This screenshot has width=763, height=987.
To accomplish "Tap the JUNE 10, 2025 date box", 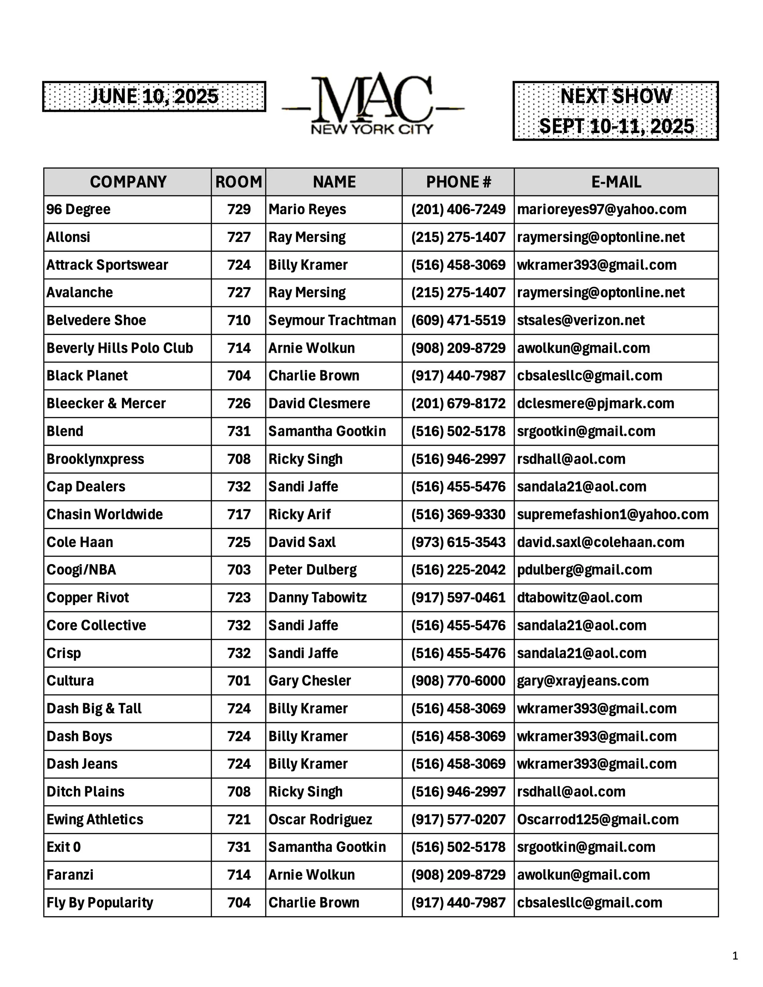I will tap(154, 96).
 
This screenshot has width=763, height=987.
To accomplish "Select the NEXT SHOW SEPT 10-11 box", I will tap(616, 111).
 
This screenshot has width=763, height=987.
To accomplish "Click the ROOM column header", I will tap(238, 182).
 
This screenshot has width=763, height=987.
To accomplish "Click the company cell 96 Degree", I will tap(79, 209).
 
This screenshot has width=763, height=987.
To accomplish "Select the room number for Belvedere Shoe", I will tap(239, 320).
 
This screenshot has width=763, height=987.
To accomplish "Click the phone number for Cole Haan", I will tap(458, 542).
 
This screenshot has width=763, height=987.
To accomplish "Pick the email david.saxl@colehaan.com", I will tap(600, 542).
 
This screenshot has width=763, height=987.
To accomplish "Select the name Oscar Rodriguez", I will tap(320, 819).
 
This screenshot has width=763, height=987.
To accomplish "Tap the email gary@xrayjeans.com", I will tap(583, 681).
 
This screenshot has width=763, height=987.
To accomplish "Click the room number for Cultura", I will tap(239, 681).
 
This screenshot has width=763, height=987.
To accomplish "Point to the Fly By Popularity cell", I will tap(100, 902).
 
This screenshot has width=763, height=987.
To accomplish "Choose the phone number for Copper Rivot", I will tap(458, 597).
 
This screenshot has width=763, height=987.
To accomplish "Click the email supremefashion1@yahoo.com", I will tap(613, 514).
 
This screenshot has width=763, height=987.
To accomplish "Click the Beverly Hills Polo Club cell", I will tap(120, 348).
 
